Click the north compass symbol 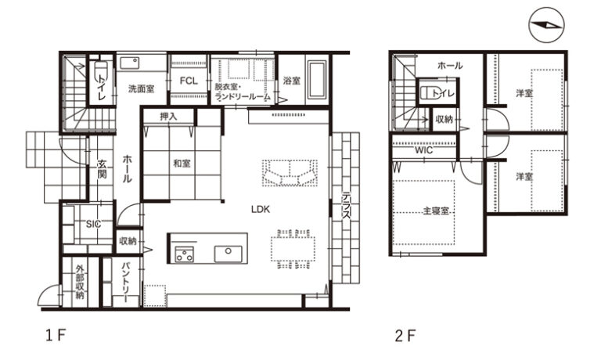tap(546, 25)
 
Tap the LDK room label tap(261, 209)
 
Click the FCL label tap(189, 81)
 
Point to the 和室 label tap(182, 164)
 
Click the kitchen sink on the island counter tap(228, 253)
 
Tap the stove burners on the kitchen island tap(185, 254)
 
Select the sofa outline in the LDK tap(290, 173)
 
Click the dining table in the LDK tap(293, 249)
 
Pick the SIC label tap(93, 224)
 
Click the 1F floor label tap(56, 336)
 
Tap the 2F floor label tap(405, 336)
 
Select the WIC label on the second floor tap(424, 150)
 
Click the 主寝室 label tap(436, 211)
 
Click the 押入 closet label tap(168, 117)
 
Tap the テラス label tap(347, 205)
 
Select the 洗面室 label tap(142, 89)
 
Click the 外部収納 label tap(80, 282)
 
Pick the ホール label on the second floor tap(450, 66)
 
